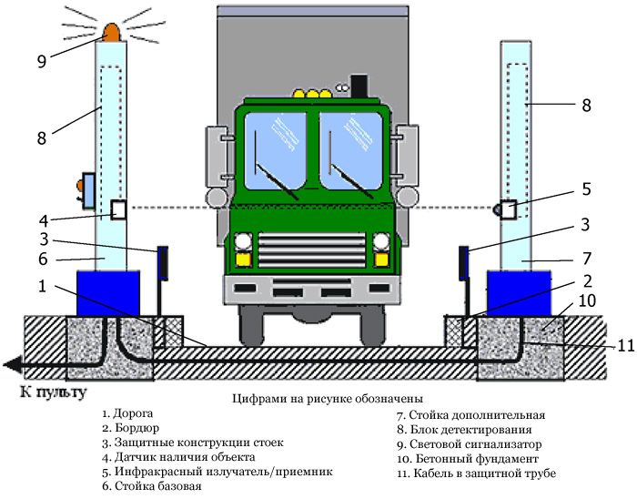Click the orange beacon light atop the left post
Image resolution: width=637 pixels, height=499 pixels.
pos(114,34)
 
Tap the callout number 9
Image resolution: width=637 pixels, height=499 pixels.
pos(42,61)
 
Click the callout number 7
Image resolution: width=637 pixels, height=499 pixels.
pos(587,258)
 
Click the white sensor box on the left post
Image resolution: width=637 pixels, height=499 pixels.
pos(118,210)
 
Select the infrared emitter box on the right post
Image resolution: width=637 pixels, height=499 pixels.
pos(507,209)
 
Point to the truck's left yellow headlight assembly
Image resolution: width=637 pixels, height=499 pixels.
pos(243,249)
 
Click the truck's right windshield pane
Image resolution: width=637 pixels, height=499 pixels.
pos(350,150)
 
